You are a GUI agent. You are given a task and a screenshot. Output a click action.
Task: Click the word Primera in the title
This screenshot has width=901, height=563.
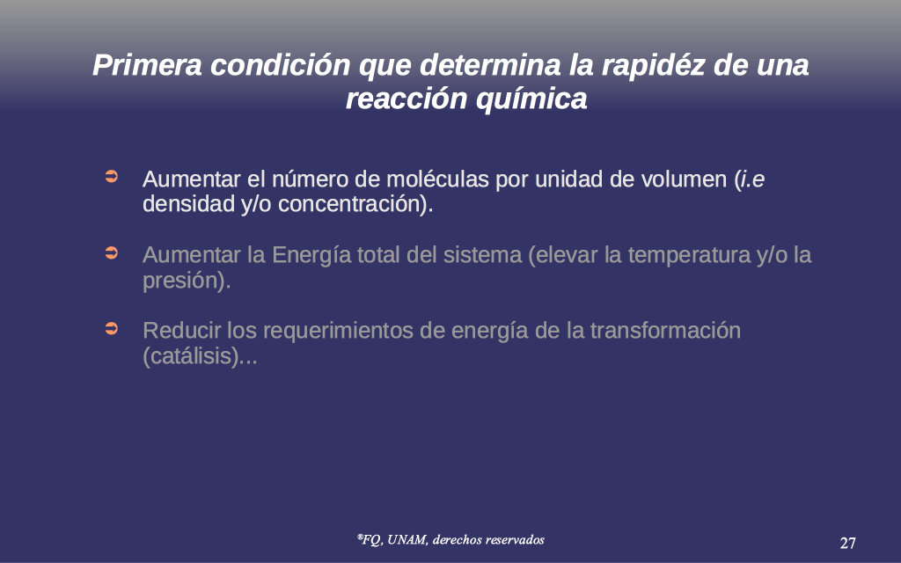tap(147, 65)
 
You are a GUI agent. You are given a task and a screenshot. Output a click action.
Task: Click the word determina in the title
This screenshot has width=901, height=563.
tap(490, 65)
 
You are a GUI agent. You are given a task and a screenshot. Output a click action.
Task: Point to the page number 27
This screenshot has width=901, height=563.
tap(847, 543)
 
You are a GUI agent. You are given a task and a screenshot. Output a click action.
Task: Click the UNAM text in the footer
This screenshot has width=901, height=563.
tap(407, 540)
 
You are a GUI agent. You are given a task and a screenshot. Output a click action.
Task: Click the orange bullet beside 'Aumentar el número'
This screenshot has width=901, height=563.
tap(112, 176)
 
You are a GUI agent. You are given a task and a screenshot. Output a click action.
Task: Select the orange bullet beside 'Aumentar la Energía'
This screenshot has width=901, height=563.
tap(112, 252)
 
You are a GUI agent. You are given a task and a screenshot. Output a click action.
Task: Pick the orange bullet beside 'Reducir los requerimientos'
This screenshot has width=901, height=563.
tap(112, 328)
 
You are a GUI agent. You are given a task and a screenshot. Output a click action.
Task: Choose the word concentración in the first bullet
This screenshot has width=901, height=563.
tap(348, 204)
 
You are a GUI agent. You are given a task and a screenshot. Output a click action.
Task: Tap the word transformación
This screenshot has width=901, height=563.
tap(665, 331)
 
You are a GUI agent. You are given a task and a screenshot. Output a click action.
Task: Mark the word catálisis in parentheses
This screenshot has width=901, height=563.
tap(190, 356)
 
